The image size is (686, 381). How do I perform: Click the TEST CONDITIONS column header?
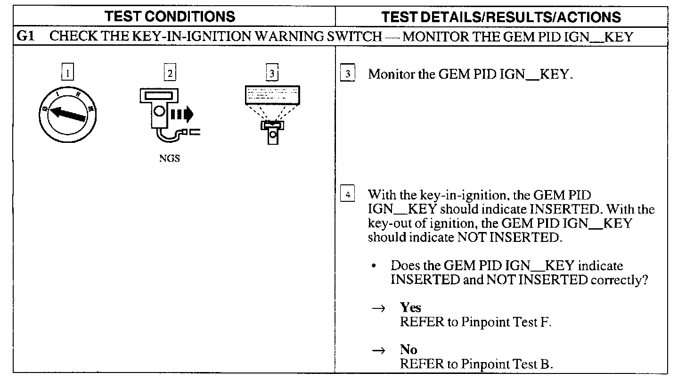170,17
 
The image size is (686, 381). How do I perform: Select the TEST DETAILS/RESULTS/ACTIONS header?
501,17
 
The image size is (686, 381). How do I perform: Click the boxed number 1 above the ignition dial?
68,73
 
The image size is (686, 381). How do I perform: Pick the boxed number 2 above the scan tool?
170,73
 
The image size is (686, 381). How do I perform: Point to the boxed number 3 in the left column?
272,73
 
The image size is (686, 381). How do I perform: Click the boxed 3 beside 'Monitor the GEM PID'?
347,75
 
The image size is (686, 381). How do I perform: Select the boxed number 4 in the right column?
347,195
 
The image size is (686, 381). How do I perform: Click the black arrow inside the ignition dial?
68,114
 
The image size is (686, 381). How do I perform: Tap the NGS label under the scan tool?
170,159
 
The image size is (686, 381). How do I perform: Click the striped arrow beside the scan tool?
182,114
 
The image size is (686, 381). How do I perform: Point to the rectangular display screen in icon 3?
272,95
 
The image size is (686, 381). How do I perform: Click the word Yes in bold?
410,308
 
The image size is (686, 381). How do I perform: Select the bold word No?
408,350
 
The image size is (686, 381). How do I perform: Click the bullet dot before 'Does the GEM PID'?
374,266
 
